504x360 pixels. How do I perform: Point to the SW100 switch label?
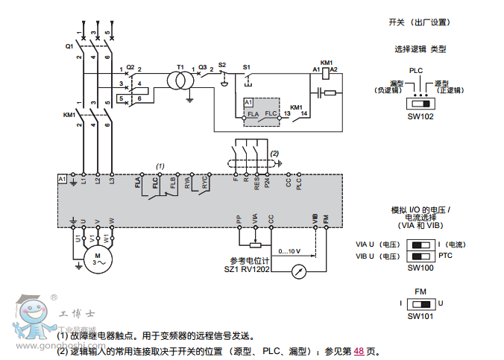tap(420, 268)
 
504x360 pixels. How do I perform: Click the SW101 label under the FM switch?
tap(420, 316)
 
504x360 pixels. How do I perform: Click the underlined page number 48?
tap(359, 350)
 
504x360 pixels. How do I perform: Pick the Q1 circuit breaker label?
tap(69, 45)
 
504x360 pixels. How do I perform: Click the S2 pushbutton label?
tap(221, 66)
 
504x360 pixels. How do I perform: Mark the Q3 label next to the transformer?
tap(202, 66)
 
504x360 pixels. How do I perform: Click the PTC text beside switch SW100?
tap(446, 256)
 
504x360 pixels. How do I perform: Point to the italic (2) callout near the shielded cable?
tap(274, 153)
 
